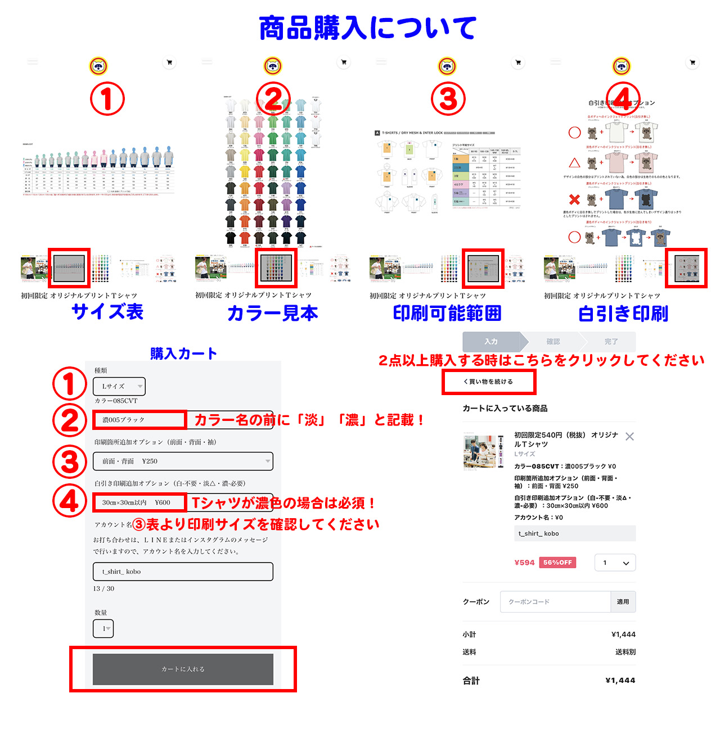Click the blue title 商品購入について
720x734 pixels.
(x=367, y=28)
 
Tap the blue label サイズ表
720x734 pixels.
(x=107, y=311)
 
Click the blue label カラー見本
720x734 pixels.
(x=272, y=313)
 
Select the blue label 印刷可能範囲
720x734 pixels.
(x=447, y=313)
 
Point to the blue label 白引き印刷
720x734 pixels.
(x=623, y=314)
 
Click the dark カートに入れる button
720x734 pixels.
(x=183, y=669)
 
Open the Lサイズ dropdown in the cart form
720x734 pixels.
(x=119, y=386)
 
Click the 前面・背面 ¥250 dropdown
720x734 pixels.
(x=183, y=461)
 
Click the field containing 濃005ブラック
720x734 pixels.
(x=139, y=420)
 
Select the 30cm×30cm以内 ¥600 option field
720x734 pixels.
(x=139, y=502)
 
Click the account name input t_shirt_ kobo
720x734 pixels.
(x=183, y=572)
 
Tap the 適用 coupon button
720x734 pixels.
(x=623, y=601)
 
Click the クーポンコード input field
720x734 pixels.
(x=555, y=601)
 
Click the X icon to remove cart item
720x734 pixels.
(x=629, y=437)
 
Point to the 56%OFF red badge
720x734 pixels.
(x=557, y=563)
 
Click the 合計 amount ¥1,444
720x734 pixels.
(x=620, y=680)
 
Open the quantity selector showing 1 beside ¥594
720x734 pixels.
(x=615, y=563)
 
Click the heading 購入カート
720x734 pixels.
(x=183, y=354)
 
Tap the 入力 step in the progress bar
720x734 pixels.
(x=491, y=341)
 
